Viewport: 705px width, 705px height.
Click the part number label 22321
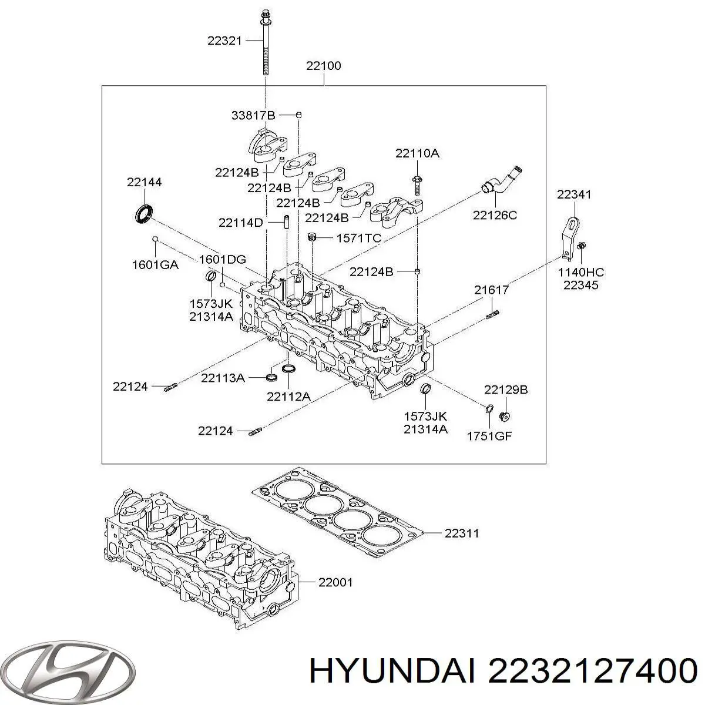224,41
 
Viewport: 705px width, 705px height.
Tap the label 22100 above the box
323,66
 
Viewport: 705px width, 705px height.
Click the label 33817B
253,116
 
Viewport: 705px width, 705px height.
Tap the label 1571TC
358,238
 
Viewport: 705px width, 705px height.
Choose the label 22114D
241,223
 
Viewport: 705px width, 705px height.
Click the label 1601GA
155,264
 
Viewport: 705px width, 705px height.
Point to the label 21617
492,290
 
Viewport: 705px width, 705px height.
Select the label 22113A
223,378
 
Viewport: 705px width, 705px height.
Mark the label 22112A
288,397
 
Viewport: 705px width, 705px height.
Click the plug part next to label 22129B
503,417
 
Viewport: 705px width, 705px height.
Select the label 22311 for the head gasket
461,533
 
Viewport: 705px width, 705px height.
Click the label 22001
335,582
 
